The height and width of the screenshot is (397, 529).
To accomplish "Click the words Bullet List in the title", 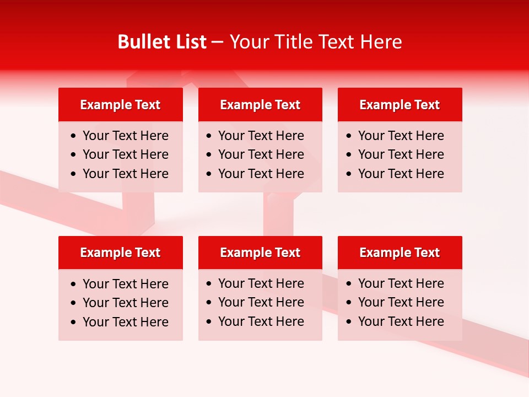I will (162, 42).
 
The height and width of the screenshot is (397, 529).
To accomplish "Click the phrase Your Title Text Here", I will (316, 42).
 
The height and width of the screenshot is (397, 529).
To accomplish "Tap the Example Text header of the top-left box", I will (120, 105).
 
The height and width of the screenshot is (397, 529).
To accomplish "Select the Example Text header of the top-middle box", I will (260, 105).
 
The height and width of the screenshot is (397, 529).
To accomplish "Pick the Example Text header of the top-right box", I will (400, 105).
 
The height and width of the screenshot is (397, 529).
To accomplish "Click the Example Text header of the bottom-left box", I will (120, 253).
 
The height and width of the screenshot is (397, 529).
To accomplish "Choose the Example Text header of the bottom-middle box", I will (260, 253).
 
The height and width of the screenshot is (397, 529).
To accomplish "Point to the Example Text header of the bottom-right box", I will (400, 253).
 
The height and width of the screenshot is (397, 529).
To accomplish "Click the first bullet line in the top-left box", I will (126, 136).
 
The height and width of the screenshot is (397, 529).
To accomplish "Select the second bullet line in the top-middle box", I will (261, 154).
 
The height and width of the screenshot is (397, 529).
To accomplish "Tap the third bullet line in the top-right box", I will (401, 174).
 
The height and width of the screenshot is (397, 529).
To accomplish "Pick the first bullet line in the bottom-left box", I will (126, 284).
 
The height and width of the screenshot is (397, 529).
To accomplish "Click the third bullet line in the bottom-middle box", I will (261, 321).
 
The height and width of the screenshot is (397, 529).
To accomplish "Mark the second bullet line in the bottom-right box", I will (401, 302).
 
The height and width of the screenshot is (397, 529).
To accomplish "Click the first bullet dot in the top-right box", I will (349, 136).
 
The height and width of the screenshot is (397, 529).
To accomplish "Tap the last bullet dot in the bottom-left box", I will (74, 323).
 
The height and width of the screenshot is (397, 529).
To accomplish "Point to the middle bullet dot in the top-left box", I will (74, 155).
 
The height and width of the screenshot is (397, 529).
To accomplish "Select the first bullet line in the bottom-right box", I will (401, 283).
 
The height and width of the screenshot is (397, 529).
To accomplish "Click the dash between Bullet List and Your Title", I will (218, 42).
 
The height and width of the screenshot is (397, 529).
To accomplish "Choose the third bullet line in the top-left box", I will (126, 174).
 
